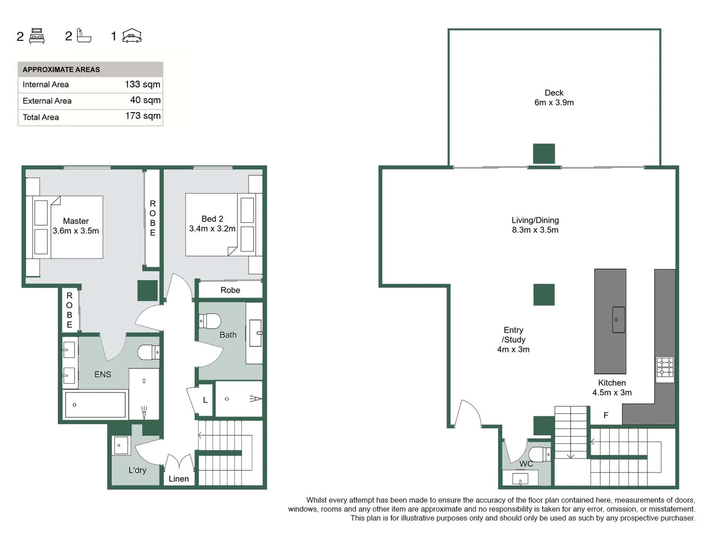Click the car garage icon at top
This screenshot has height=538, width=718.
click(x=132, y=36)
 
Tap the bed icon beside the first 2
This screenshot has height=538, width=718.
click(x=37, y=36)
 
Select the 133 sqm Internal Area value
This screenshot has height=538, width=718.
click(x=143, y=84)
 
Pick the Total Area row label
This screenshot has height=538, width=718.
click(x=41, y=117)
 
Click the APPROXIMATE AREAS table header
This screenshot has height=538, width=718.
click(x=61, y=69)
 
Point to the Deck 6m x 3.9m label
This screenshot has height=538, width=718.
click(x=554, y=98)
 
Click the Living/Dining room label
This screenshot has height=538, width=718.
click(x=535, y=225)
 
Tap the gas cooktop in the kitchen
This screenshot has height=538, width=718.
click(x=665, y=369)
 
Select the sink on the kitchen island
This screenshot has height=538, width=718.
click(x=618, y=319)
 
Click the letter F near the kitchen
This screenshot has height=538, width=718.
click(x=606, y=415)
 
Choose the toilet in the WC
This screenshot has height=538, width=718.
click(x=539, y=454)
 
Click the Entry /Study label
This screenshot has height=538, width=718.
click(x=513, y=339)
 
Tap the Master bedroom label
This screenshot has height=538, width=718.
click(x=76, y=226)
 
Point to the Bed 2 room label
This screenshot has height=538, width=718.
click(x=212, y=224)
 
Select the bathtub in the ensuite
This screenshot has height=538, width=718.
click(x=95, y=404)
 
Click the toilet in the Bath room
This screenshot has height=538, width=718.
click(x=210, y=321)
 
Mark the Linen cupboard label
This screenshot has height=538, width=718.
click(x=179, y=479)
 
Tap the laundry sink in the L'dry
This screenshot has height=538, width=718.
click(x=121, y=445)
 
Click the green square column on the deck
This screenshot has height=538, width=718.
click(x=543, y=153)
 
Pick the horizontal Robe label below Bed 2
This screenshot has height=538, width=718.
click(x=230, y=290)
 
